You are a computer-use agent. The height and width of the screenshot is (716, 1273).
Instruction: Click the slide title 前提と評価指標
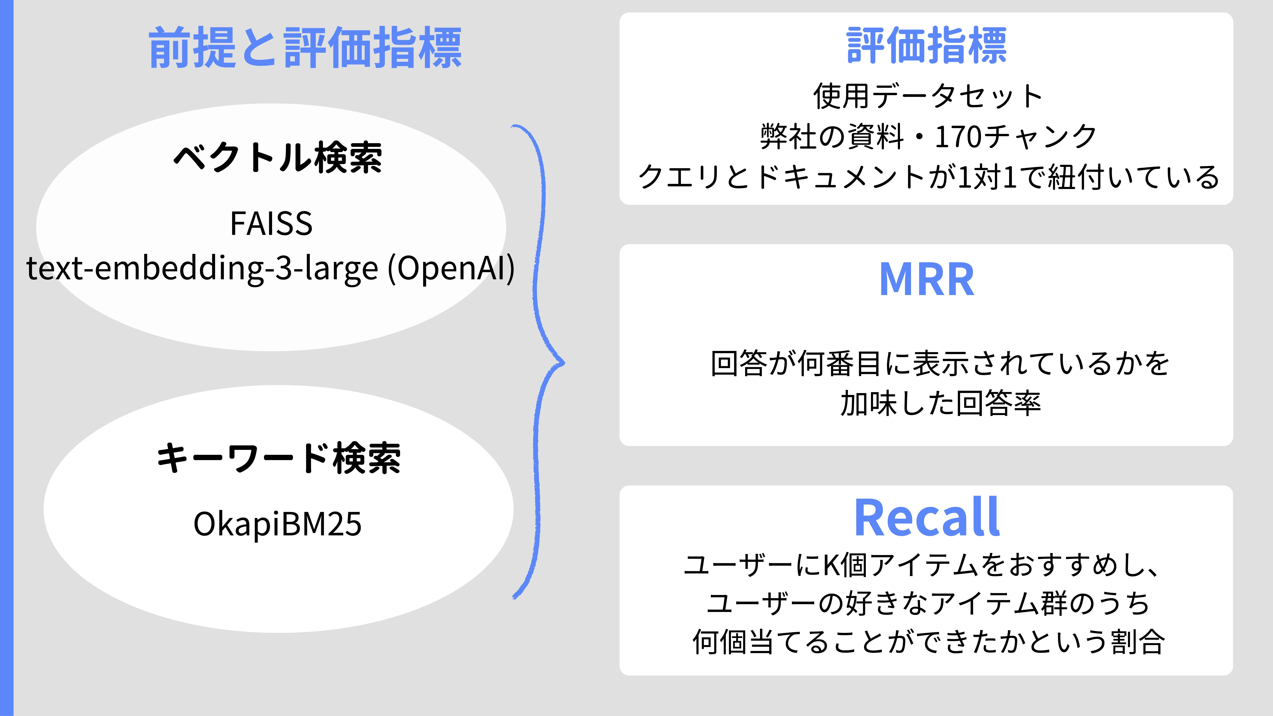305,48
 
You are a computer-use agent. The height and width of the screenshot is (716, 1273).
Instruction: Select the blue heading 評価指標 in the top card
927,46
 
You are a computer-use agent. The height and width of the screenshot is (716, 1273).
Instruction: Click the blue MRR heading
927,280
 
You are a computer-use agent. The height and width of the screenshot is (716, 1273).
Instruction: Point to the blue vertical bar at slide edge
6,358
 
